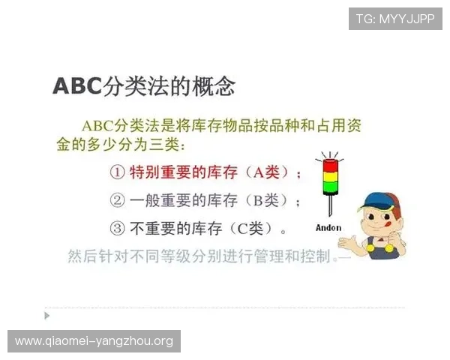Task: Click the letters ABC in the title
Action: click(76, 85)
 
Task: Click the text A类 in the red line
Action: click(266, 172)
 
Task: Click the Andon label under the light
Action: click(328, 227)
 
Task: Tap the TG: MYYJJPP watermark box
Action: click(395, 19)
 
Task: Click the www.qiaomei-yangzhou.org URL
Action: click(94, 341)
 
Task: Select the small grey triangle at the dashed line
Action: click(47, 315)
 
